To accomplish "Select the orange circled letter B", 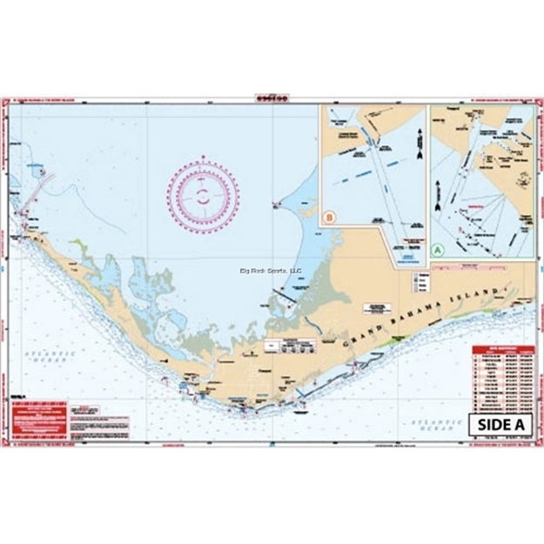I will click(329, 217).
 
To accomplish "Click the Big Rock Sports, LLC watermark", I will click(270, 271).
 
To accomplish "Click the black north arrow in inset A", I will click(437, 185).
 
